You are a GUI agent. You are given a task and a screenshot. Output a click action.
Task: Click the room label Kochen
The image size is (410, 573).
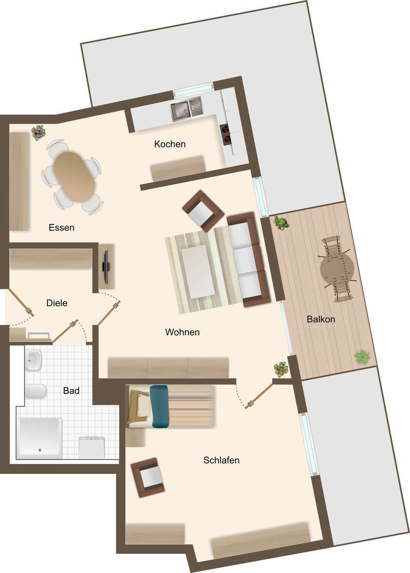click(170, 144)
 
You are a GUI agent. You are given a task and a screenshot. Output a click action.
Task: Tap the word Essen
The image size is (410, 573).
click(61, 228)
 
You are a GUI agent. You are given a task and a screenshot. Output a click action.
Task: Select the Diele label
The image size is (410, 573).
click(57, 303)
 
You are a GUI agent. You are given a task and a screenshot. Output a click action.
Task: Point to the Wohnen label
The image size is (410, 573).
click(182, 332)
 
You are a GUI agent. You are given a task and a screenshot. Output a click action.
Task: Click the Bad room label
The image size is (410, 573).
click(71, 391)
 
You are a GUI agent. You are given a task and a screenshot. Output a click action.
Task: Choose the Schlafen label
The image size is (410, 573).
click(221, 460)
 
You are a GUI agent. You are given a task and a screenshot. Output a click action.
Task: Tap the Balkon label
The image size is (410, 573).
click(321, 319)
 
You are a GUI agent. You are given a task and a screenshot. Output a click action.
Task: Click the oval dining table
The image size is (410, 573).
click(74, 177)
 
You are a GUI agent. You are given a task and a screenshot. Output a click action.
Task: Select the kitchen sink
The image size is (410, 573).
click(187, 109)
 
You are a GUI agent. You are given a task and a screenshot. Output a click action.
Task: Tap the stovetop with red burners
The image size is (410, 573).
click(226, 134)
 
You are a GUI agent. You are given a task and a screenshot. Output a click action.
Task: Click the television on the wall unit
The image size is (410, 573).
click(106, 266)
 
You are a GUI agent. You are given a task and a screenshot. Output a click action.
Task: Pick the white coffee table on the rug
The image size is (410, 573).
click(198, 271)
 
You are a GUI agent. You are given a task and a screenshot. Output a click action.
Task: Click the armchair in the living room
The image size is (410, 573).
click(203, 211)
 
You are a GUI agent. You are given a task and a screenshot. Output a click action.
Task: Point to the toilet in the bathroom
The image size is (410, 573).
click(35, 392)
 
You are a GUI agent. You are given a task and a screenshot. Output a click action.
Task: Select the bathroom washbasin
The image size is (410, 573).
click(33, 361)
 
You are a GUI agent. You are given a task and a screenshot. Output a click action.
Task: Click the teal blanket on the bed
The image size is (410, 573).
click(159, 407)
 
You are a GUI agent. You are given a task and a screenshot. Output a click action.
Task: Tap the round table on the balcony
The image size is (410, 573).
click(337, 269)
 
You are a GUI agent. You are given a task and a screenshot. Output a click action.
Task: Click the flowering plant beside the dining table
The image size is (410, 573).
click(38, 133)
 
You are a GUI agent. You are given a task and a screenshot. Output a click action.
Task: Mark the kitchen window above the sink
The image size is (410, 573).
click(194, 90)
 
